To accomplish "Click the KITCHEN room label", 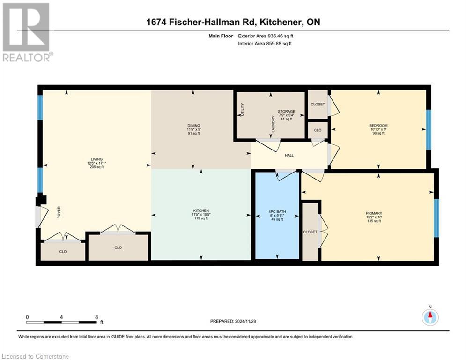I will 200,210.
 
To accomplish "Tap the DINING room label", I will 193,126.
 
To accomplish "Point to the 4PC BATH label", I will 277,211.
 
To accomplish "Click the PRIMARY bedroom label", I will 373,212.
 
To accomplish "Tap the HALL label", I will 289,155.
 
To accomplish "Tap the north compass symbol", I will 430,317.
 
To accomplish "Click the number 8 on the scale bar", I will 96,317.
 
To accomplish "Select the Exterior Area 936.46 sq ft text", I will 266,36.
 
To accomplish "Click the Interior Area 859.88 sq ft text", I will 265,44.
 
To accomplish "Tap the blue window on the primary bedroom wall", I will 436,218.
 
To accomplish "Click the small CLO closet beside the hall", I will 317,130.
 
